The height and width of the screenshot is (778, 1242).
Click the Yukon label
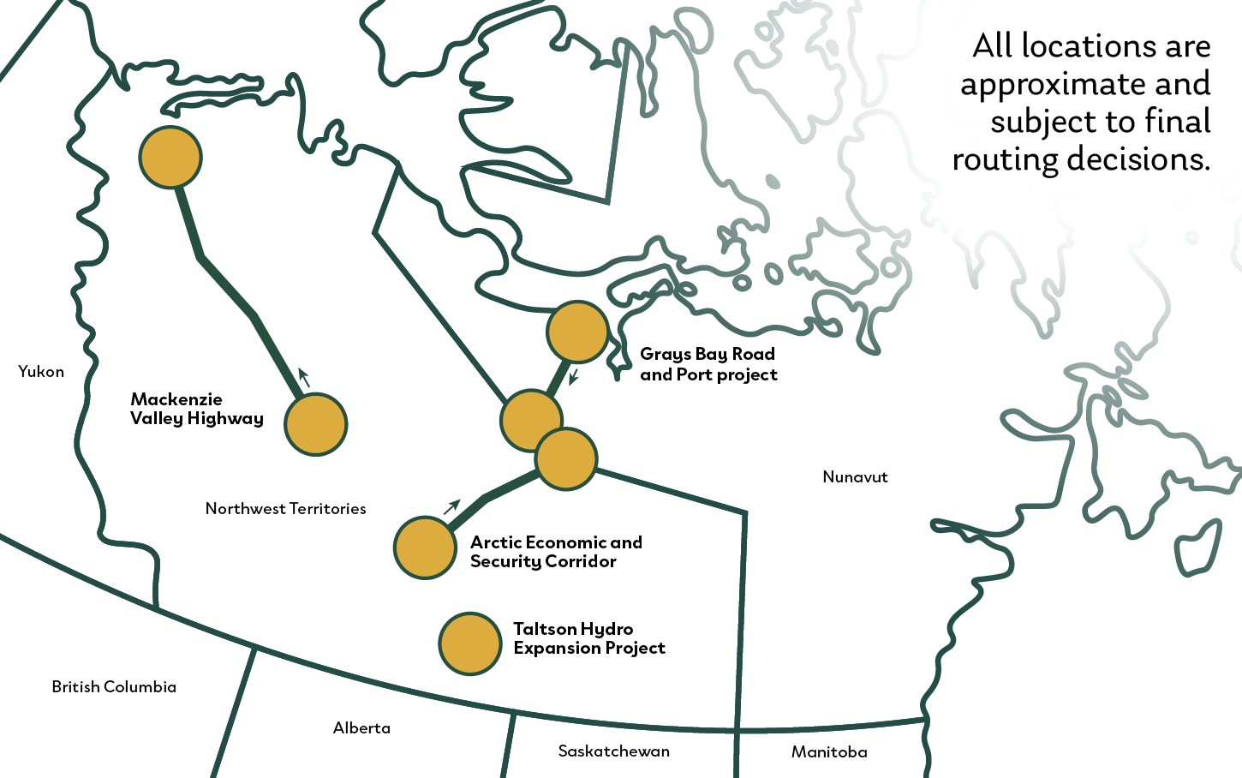coord(41,372)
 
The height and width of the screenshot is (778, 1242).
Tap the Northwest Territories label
coord(285,509)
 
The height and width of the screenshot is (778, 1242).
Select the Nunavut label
coord(855,477)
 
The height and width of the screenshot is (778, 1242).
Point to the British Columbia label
coord(114,687)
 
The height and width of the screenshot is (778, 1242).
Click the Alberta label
coord(361,728)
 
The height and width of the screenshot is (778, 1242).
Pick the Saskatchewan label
coord(613,751)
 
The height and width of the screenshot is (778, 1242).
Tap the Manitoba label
coord(828,752)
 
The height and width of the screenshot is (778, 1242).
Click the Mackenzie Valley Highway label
coord(196,409)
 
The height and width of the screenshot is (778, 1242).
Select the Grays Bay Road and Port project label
coord(708,364)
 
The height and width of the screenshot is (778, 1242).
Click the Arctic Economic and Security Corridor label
coord(555,552)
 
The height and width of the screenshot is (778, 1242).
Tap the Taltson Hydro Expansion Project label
coord(588,638)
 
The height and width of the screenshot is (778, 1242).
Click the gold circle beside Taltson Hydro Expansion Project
coord(469,643)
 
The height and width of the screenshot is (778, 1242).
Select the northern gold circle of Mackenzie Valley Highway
coord(170,158)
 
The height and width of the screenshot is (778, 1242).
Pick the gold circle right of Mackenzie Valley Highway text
coord(315,424)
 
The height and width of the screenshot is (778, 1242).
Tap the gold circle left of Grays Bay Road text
coord(577,332)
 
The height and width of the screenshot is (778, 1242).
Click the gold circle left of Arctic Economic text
coord(425,548)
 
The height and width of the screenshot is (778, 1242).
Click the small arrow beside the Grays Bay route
coord(574,376)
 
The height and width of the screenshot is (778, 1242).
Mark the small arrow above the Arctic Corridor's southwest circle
coord(451,507)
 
